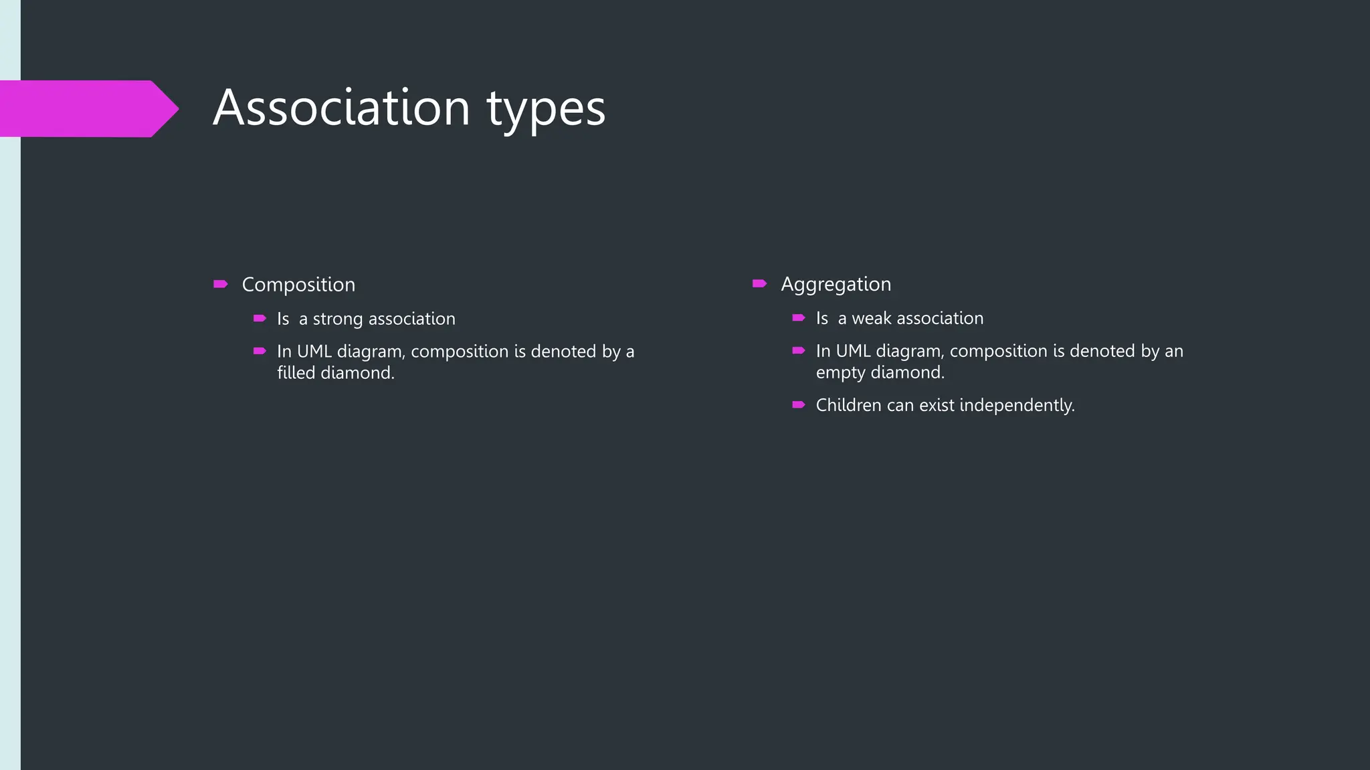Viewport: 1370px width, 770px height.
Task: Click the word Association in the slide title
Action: pyautogui.click(x=342, y=108)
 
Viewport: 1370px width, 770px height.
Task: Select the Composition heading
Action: pyautogui.click(x=298, y=285)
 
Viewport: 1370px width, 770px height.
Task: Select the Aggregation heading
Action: pyautogui.click(x=836, y=285)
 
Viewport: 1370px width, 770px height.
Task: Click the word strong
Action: pyautogui.click(x=338, y=319)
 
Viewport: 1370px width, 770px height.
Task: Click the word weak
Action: pyautogui.click(x=872, y=319)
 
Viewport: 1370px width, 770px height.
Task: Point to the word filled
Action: pyautogui.click(x=296, y=373)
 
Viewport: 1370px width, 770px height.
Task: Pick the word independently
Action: pyautogui.click(x=1017, y=406)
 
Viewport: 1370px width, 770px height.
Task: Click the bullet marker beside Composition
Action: pyautogui.click(x=220, y=284)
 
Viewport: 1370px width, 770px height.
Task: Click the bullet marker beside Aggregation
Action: pyautogui.click(x=759, y=283)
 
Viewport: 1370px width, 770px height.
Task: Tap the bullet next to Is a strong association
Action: pyautogui.click(x=260, y=319)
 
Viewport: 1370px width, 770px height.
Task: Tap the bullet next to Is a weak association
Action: pyautogui.click(x=798, y=318)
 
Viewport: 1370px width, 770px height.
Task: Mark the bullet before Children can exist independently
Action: pyautogui.click(x=798, y=404)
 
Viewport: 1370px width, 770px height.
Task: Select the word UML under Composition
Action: pyautogui.click(x=314, y=352)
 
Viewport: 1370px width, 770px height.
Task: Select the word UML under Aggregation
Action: pyautogui.click(x=853, y=352)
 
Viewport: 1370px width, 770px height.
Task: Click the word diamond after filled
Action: pyautogui.click(x=357, y=373)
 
